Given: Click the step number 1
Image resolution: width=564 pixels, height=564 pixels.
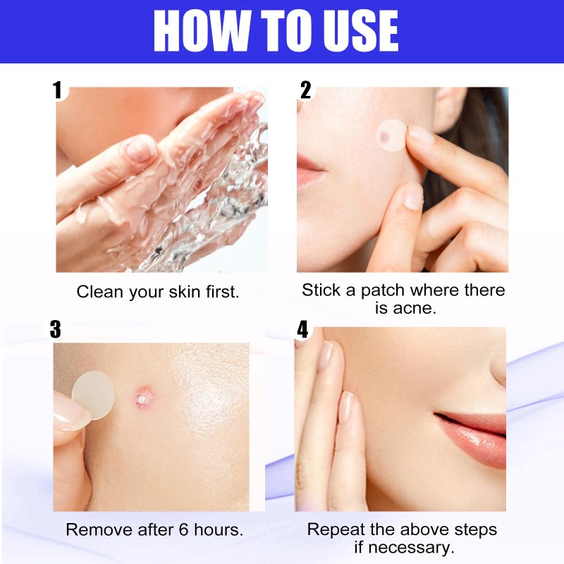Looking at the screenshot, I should click(58, 90).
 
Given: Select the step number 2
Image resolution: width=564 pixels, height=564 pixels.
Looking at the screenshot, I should click(305, 90).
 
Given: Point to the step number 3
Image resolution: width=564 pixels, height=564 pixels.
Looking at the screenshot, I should click(56, 329).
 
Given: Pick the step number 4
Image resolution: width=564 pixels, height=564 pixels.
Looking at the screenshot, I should click(303, 329).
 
